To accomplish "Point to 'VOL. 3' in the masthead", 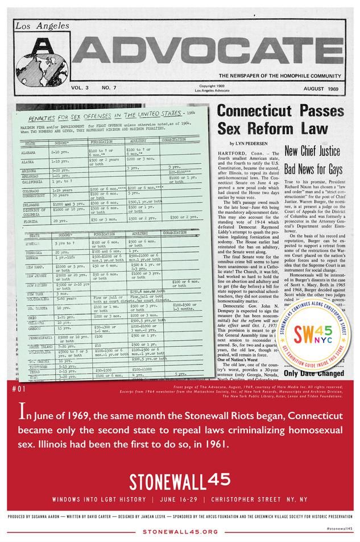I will point(80,89).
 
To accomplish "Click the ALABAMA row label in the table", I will point(36,152).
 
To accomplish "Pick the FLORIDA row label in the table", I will point(36,219).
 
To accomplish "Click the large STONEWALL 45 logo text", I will point(180,481).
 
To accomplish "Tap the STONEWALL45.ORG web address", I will point(180,532).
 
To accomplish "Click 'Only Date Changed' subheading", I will point(312,374).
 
